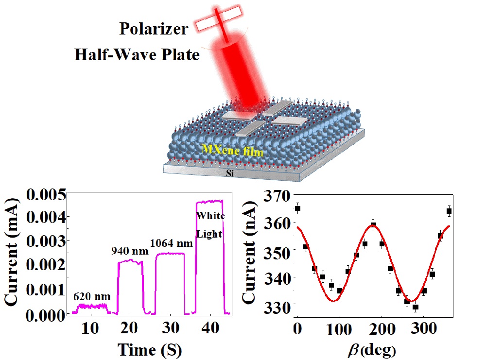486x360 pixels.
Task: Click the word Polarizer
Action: pos(154,29)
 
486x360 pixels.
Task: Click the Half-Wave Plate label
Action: pos(137,55)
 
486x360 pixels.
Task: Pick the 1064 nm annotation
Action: pos(172,242)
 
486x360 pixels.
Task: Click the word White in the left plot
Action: pos(210,215)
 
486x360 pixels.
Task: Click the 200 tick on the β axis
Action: pos(381,329)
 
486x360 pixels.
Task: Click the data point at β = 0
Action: pos(297,208)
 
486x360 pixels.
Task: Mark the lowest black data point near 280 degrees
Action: pos(416,307)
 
